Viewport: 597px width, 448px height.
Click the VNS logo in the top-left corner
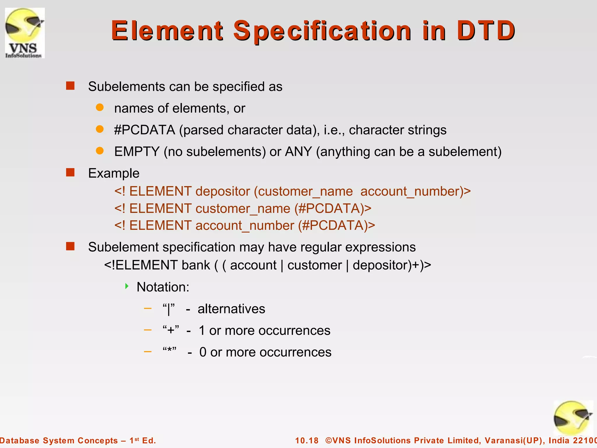click(x=25, y=33)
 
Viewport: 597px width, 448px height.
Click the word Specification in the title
click(x=322, y=31)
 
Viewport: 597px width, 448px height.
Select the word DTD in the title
click(x=486, y=31)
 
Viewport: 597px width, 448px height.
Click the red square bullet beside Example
click(x=70, y=172)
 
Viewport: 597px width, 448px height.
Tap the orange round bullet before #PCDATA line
click(x=100, y=129)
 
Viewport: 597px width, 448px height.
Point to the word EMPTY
click(x=137, y=152)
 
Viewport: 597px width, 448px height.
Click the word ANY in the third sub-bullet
click(x=298, y=152)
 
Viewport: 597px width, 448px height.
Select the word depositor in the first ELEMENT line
click(x=223, y=192)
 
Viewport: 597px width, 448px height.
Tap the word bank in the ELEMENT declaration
click(x=196, y=265)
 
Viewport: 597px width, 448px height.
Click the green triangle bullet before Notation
click(x=127, y=286)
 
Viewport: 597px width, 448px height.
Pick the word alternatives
click(x=231, y=309)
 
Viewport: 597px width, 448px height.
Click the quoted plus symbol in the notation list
click(x=171, y=330)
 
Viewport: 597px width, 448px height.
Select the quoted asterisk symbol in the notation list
click(x=170, y=351)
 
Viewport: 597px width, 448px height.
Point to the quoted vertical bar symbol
click(x=169, y=309)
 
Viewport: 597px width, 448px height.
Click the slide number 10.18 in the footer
click(x=307, y=440)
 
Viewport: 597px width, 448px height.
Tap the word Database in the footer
click(x=20, y=440)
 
